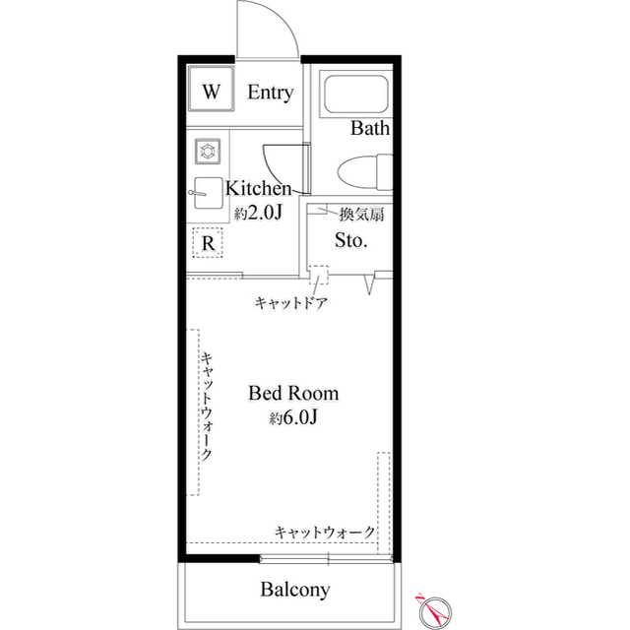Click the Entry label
click(270, 94)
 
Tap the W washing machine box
click(211, 93)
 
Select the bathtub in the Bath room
click(356, 94)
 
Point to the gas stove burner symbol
click(209, 151)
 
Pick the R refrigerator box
click(209, 242)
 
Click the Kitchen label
click(259, 188)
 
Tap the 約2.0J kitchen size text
click(259, 212)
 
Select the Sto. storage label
click(351, 239)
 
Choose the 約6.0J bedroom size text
click(293, 417)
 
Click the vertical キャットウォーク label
click(209, 408)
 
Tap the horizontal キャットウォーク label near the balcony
click(325, 532)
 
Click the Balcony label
click(294, 591)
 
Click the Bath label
click(370, 128)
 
